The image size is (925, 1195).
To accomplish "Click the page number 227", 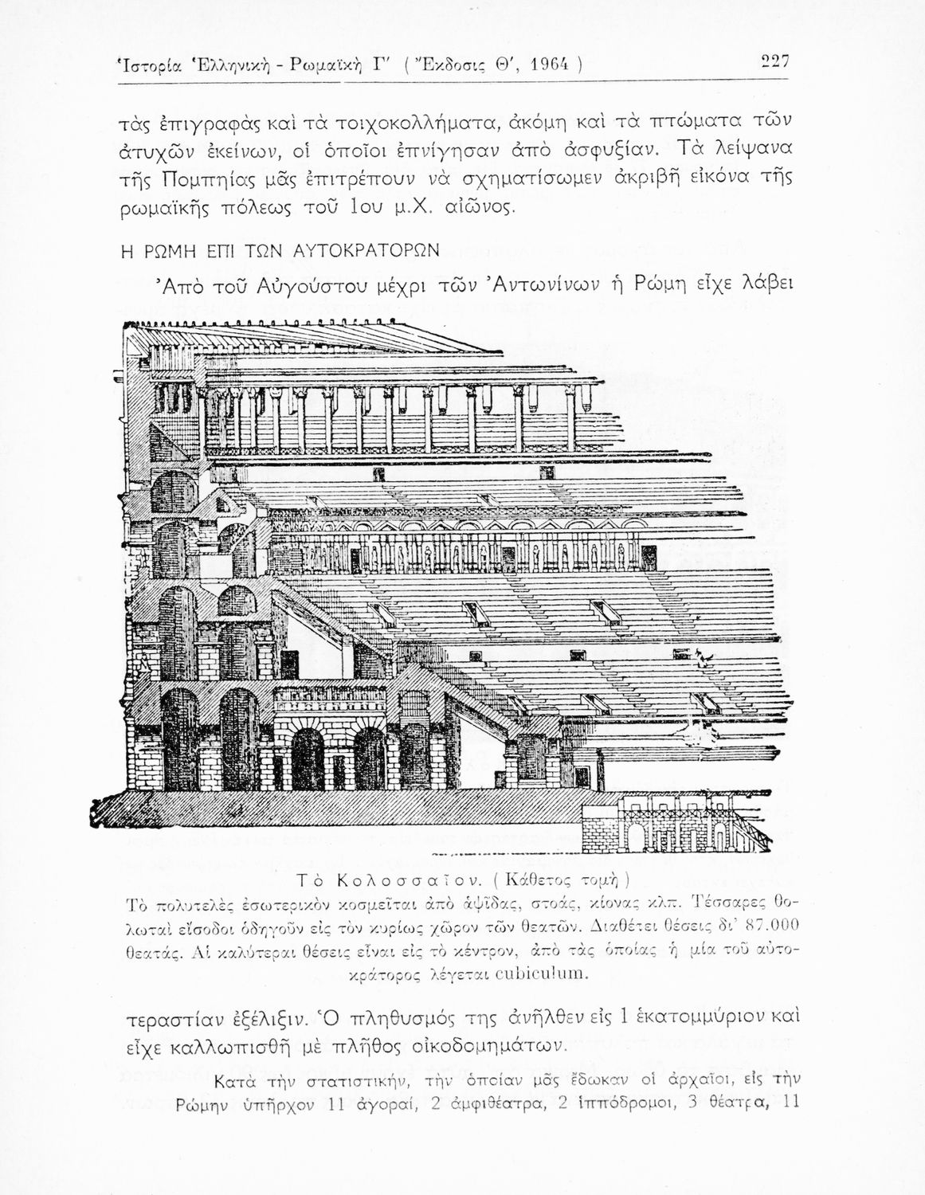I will pos(774,62).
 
